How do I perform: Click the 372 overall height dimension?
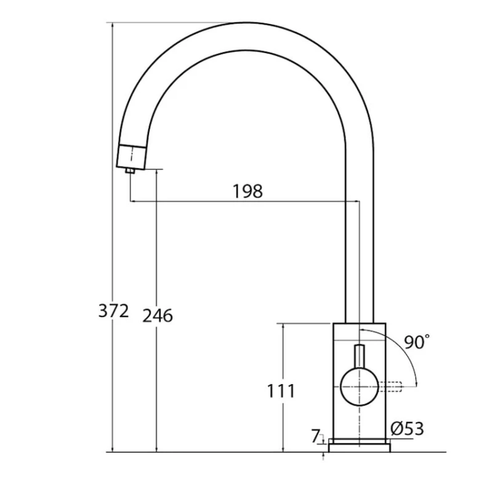coord(114,311)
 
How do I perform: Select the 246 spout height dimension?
coord(158,316)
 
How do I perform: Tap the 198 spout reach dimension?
coord(248,191)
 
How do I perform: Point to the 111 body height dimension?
coord(281,390)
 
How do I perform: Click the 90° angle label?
coord(417,342)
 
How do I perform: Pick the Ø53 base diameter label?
coord(408,428)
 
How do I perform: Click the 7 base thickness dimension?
coord(316,437)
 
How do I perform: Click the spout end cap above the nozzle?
coord(132,156)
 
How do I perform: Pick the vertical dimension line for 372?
coord(114,185)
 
